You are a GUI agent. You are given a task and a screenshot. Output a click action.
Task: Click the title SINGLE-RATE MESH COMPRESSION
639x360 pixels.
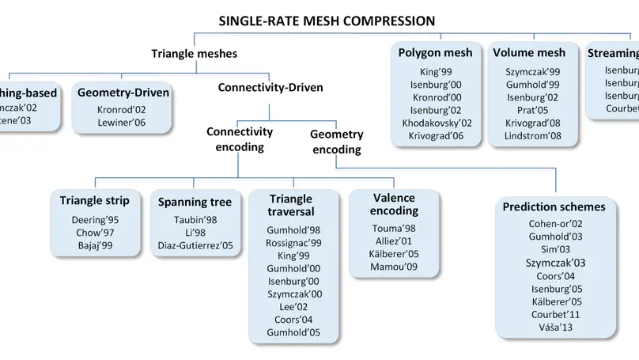pos(327,20)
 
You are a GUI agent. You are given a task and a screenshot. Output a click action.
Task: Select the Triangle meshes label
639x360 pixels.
pos(194,54)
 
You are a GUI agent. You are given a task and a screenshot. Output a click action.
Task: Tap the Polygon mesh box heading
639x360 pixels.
pos(435,53)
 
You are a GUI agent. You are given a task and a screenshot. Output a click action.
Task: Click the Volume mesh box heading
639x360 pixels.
pos(529,53)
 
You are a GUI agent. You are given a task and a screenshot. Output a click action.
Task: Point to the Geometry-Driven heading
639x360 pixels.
pos(123,93)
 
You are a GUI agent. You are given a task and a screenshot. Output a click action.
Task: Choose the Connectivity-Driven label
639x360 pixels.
pos(270,87)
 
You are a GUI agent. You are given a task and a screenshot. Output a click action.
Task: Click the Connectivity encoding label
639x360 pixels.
pos(240,139)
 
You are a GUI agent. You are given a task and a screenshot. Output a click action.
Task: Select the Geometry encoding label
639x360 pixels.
pos(336,142)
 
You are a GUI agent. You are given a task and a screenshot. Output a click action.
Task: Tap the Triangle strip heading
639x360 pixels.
pos(95,200)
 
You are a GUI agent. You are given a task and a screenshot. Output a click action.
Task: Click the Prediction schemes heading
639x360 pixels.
pos(554,207)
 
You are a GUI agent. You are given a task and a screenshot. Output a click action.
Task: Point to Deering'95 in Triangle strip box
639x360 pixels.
pos(95,218)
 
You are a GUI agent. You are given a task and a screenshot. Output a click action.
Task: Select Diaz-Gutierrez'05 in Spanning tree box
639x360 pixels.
pos(194,247)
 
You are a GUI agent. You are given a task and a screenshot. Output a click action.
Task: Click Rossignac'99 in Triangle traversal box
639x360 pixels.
pos(294,242)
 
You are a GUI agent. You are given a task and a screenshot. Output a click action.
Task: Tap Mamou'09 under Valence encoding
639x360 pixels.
pos(392,267)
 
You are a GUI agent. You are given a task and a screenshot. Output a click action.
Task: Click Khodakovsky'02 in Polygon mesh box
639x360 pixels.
pos(437,123)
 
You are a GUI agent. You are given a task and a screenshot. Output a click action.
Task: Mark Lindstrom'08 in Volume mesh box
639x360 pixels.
pos(533,136)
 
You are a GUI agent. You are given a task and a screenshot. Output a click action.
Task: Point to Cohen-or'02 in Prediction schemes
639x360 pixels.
pos(554,224)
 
